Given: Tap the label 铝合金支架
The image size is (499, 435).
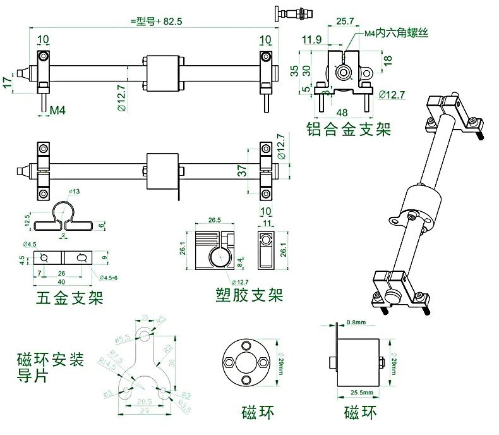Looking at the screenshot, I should click(x=349, y=130).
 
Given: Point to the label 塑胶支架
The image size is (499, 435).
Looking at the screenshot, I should click(x=249, y=295).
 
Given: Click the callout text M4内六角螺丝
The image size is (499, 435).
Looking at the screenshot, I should click(x=396, y=32).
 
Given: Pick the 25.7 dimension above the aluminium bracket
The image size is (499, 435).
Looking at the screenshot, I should click(x=345, y=21).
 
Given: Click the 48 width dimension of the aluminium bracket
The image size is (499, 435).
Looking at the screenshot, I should click(x=342, y=113).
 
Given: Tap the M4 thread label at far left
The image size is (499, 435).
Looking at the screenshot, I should click(x=58, y=111).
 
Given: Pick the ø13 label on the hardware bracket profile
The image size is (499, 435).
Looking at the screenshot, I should click(x=74, y=192).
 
